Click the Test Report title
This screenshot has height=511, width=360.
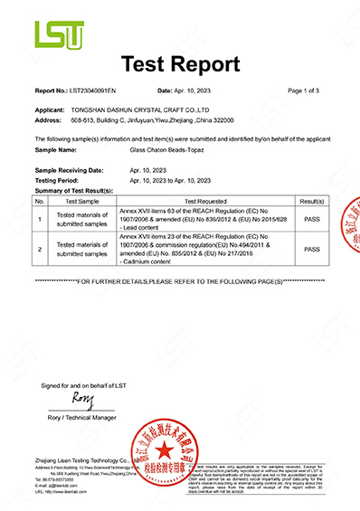[180, 64]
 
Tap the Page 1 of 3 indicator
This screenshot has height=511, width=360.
[307, 91]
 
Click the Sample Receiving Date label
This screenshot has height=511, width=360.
[75, 170]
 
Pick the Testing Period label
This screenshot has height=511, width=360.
[60, 180]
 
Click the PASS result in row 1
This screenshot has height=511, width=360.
[311, 218]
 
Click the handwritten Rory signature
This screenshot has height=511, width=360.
[82, 398]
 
